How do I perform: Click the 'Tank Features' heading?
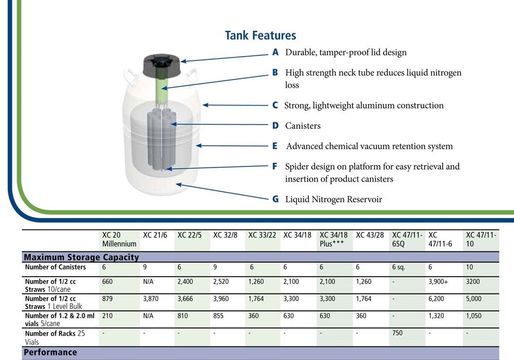click(260, 35)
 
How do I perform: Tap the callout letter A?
click(275, 52)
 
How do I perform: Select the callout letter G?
click(276, 199)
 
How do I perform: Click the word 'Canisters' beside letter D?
click(303, 126)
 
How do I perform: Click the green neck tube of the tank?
click(161, 88)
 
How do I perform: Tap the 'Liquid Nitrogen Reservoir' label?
click(334, 199)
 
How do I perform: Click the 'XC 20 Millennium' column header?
click(119, 240)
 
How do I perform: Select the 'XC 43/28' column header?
click(370, 235)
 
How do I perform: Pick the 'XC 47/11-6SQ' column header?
click(407, 240)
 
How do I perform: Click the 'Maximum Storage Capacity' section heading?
click(81, 257)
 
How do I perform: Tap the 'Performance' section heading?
click(51, 352)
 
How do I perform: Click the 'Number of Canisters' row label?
click(55, 267)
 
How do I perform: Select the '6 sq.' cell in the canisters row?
click(399, 267)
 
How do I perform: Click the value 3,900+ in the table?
click(438, 282)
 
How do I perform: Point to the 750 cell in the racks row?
click(397, 333)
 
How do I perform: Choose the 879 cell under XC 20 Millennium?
click(107, 299)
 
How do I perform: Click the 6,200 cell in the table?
click(437, 299)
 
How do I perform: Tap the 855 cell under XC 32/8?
click(218, 316)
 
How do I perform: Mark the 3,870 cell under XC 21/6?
click(151, 299)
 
